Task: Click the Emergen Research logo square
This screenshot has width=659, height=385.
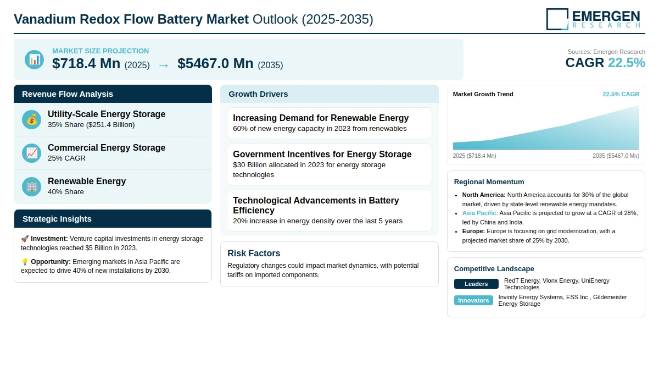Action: [x=557, y=19]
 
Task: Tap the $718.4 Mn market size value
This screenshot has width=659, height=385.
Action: [x=86, y=64]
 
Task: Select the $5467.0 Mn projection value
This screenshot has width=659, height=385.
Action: [x=215, y=64]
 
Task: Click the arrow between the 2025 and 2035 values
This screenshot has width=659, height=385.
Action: [x=164, y=65]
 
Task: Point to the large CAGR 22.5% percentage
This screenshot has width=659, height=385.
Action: [x=627, y=63]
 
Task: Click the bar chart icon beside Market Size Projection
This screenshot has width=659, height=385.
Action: [x=35, y=60]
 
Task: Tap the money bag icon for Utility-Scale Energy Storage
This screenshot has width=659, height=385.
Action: [x=31, y=119]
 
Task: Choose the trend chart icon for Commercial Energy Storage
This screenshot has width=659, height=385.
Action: [x=31, y=153]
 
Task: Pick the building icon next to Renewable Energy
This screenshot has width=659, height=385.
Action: [x=31, y=187]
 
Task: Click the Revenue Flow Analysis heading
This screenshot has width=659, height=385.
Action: [x=68, y=94]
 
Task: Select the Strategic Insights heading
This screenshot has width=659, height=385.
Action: [x=57, y=219]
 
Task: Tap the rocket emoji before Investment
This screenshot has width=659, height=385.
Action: [x=25, y=239]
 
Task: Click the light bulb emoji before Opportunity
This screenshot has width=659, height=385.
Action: [x=25, y=262]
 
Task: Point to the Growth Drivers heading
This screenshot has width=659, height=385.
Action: [x=258, y=94]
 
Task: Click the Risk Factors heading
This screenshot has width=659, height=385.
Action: [x=254, y=254]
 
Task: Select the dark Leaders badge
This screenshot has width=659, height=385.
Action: [x=476, y=284]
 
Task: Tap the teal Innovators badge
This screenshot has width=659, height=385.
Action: [x=473, y=300]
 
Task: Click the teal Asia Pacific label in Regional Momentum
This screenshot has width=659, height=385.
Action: [x=480, y=213]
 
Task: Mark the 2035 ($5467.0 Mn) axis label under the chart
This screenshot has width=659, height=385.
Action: [x=616, y=156]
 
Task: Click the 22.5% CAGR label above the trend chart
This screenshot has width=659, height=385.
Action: [x=621, y=94]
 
